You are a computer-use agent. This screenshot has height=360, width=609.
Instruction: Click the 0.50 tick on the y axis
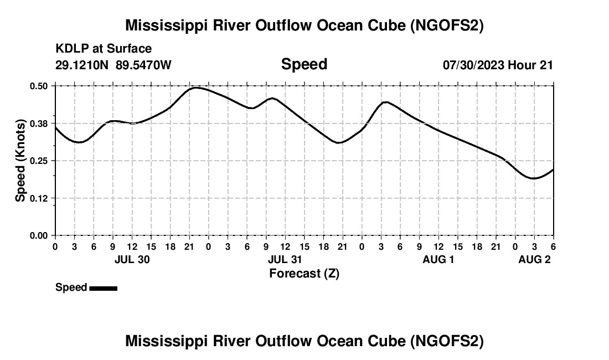(39, 86)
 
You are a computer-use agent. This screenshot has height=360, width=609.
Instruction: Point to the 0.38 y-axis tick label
(39, 123)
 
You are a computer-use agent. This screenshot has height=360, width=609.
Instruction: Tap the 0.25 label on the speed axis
(39, 161)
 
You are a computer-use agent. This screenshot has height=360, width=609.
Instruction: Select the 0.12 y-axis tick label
(39, 198)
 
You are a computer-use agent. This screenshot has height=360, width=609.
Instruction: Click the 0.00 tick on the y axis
(39, 236)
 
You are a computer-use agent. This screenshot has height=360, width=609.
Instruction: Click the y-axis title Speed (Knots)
(20, 161)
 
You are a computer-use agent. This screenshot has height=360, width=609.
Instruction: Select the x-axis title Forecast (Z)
(304, 273)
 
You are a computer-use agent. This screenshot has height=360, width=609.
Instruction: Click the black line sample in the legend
(103, 288)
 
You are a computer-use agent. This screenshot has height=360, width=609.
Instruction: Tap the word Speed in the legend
(71, 287)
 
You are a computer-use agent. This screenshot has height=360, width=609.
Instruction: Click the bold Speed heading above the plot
(304, 64)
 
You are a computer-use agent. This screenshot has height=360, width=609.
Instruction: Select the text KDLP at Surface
(104, 49)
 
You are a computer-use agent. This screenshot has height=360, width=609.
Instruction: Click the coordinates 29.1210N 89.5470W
(113, 65)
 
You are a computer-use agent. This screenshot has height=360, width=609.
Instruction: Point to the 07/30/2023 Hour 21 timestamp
(498, 65)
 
